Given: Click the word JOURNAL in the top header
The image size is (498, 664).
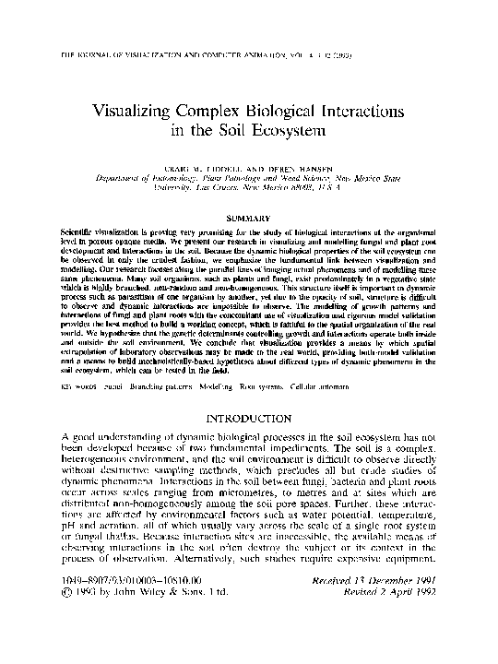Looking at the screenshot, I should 90,56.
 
